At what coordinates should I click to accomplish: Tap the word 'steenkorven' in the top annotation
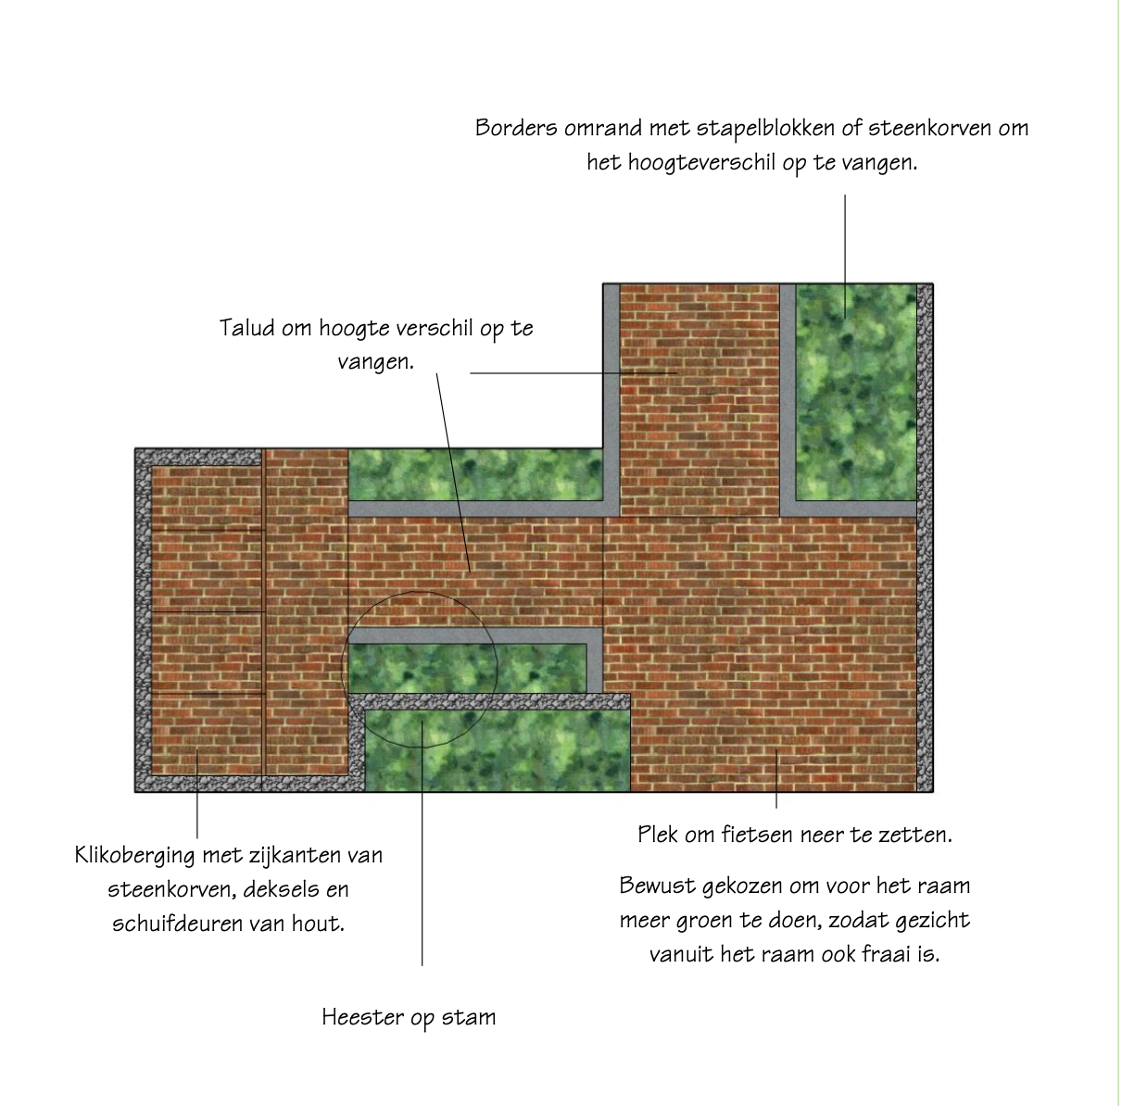[929, 128]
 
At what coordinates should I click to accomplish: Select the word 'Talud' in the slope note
[246, 328]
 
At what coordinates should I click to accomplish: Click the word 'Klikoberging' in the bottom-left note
[134, 857]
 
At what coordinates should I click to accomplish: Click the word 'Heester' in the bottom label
[362, 1017]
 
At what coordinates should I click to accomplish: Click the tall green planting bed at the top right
[856, 392]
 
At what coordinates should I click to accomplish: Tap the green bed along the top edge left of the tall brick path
[475, 474]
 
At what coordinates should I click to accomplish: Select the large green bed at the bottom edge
[498, 750]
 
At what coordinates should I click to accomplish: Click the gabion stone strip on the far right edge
[925, 537]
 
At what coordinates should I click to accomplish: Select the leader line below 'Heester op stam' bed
[422, 843]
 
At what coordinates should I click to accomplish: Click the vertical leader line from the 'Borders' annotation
[845, 257]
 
